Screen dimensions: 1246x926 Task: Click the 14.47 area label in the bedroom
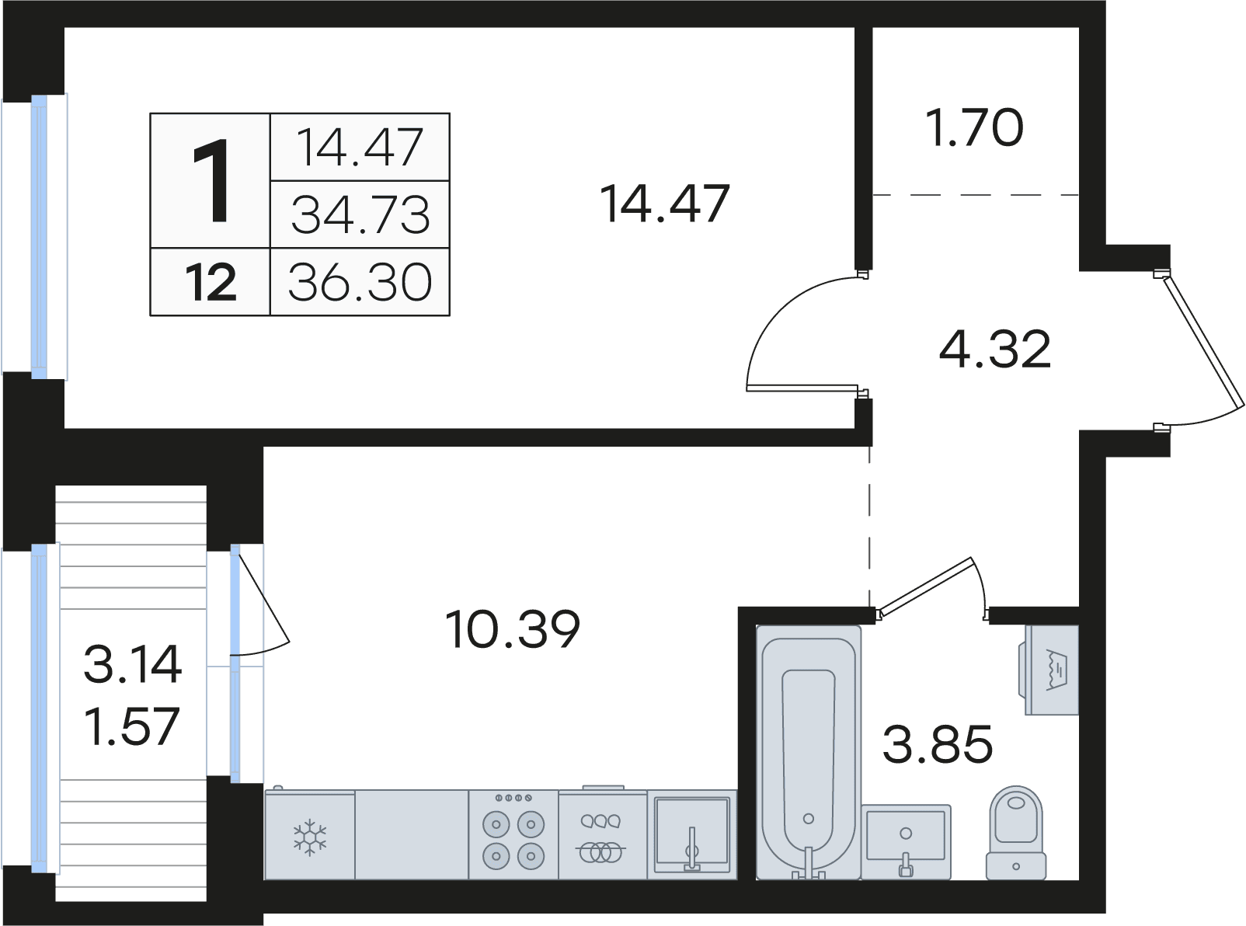(665, 204)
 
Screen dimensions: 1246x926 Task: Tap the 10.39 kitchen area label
(513, 629)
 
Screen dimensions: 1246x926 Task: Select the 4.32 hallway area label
(994, 349)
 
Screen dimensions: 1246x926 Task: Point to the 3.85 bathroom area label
(938, 744)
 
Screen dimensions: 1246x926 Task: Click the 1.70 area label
(974, 128)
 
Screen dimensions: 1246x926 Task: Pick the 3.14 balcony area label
(133, 664)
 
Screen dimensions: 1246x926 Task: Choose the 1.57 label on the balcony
(133, 726)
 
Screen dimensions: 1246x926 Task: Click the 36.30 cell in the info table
(360, 282)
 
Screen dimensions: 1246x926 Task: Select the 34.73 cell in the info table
(360, 214)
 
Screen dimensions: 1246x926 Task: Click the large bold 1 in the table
(211, 181)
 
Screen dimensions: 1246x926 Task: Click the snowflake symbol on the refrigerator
(309, 837)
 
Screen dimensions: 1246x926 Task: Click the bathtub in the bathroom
(809, 752)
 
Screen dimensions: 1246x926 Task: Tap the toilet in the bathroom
(1015, 833)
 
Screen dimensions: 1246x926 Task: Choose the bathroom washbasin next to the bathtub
(906, 842)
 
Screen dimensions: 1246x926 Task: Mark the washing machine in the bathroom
(1049, 670)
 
